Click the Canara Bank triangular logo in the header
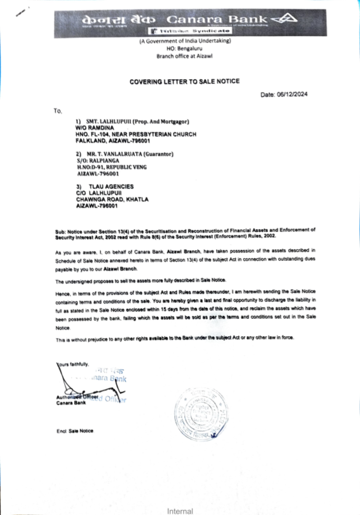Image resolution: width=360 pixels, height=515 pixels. (284, 19)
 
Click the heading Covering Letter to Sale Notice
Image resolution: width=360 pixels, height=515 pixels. (184, 82)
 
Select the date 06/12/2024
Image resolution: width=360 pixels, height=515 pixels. (292, 94)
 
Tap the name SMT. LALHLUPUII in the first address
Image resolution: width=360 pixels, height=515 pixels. (108, 122)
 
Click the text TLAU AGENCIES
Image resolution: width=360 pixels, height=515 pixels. (111, 186)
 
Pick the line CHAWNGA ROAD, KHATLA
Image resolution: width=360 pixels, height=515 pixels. (112, 199)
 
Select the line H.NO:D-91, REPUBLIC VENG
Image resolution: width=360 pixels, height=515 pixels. (112, 167)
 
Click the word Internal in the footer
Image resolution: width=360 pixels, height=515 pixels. (180, 511)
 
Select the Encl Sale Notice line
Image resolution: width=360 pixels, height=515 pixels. (75, 431)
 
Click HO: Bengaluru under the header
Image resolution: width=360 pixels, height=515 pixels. (184, 49)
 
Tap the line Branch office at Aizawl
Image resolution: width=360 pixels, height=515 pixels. (184, 56)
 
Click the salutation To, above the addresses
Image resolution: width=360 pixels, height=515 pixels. (58, 111)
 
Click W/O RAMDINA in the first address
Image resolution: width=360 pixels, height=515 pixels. (95, 128)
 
